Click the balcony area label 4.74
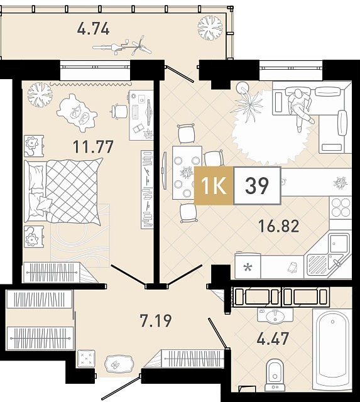94,28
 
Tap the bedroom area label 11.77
93,146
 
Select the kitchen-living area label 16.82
279,226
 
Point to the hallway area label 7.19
156,320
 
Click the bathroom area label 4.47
273,339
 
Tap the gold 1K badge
214,186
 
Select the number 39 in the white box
257,186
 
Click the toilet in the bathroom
275,375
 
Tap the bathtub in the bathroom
332,350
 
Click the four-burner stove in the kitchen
341,208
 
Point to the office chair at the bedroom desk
119,112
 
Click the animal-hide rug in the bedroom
77,113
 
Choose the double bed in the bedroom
63,190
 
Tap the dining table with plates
187,173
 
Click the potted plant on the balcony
210,28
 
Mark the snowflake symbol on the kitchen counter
248,268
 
